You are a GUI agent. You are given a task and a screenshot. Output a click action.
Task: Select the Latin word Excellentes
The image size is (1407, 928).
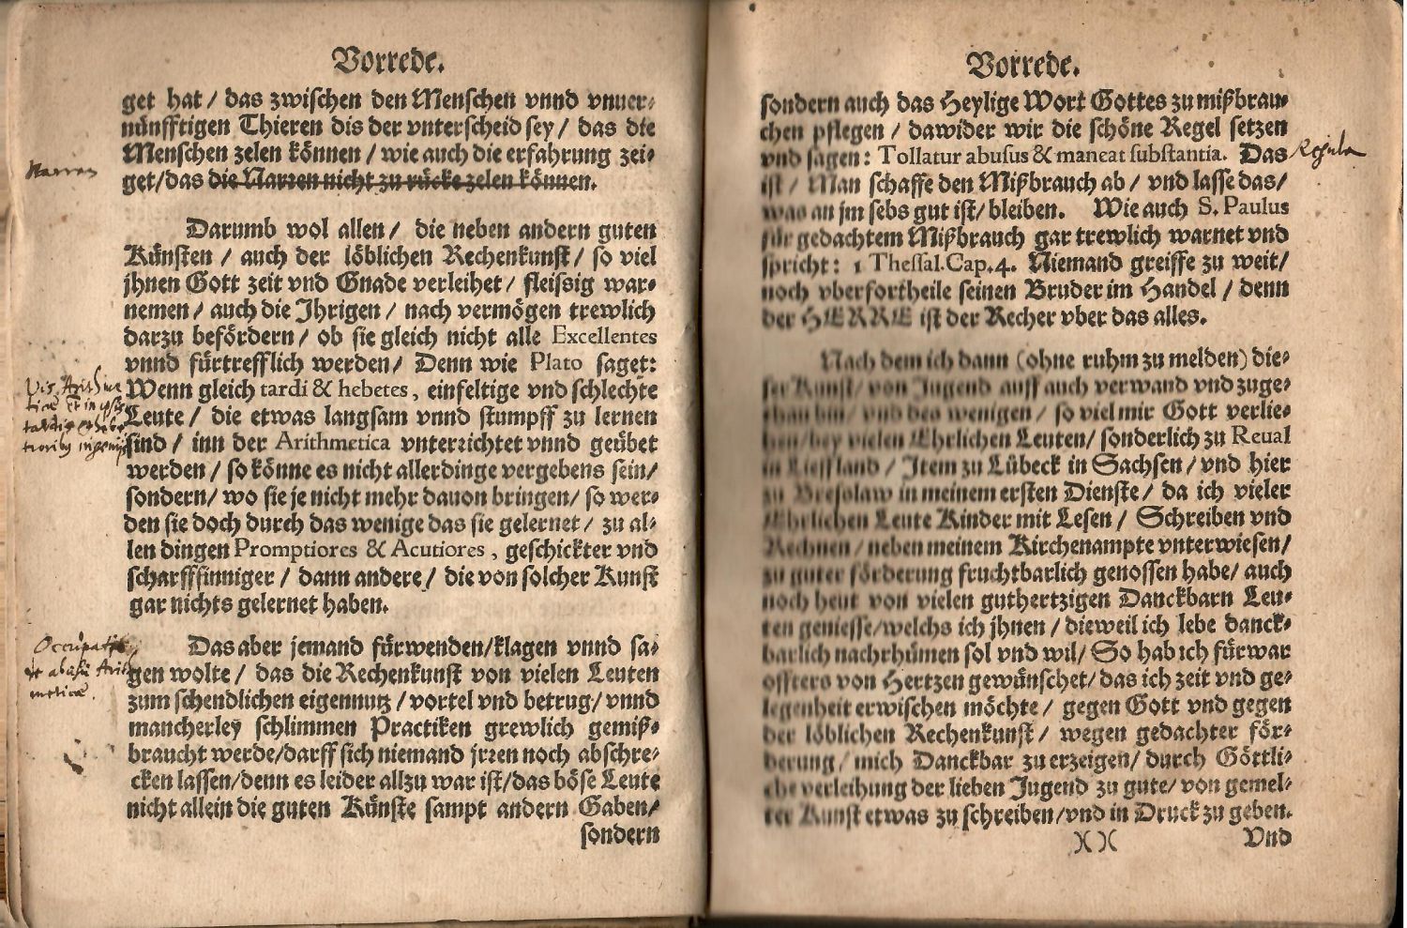click(605, 336)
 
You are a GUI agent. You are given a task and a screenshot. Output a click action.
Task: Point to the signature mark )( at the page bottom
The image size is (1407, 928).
click(1095, 842)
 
